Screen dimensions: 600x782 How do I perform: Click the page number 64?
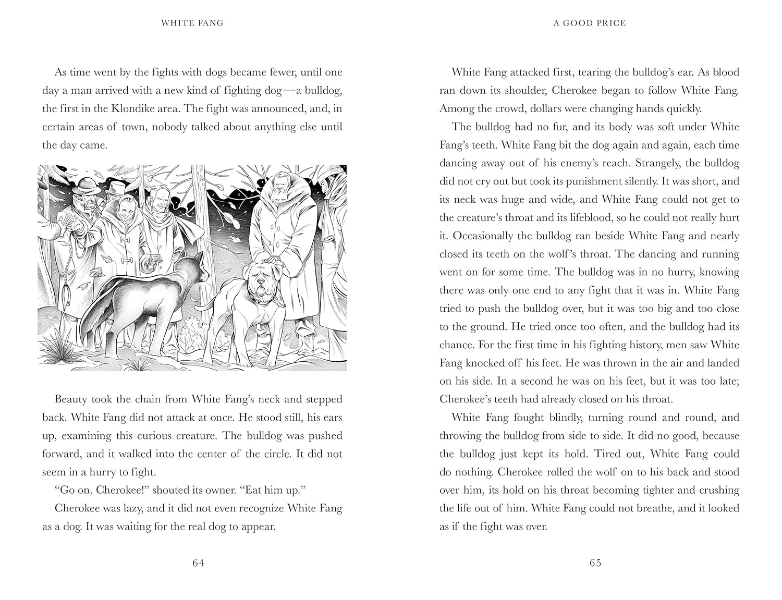pos(198,563)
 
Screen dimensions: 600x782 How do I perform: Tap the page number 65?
pos(595,563)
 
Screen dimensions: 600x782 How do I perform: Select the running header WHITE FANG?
pos(192,23)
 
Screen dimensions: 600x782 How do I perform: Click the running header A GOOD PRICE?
pos(590,23)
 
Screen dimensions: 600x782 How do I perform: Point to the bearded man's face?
pos(275,194)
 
